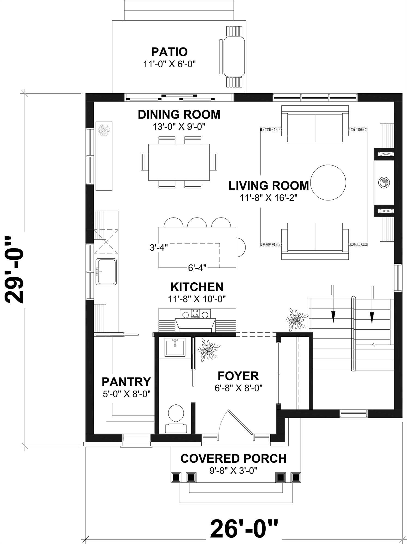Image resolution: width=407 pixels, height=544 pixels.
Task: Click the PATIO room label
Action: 169,52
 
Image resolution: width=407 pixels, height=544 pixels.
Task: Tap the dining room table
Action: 179,162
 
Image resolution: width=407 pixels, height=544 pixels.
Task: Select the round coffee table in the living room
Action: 328,183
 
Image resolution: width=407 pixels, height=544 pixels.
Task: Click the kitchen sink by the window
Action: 106,271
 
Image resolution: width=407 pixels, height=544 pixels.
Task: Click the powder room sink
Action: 175,347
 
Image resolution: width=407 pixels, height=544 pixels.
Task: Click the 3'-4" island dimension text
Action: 159,248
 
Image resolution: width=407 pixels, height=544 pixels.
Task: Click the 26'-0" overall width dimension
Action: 244,529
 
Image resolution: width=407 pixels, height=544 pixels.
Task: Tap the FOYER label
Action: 238,376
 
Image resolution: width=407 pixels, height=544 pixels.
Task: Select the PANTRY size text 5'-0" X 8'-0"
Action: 127,394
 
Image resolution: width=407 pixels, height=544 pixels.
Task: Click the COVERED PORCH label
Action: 233,459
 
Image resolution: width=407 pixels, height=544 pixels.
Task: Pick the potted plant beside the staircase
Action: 296,320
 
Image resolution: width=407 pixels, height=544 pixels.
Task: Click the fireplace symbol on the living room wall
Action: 384,182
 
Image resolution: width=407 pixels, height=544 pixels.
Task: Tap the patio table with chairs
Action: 234,57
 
